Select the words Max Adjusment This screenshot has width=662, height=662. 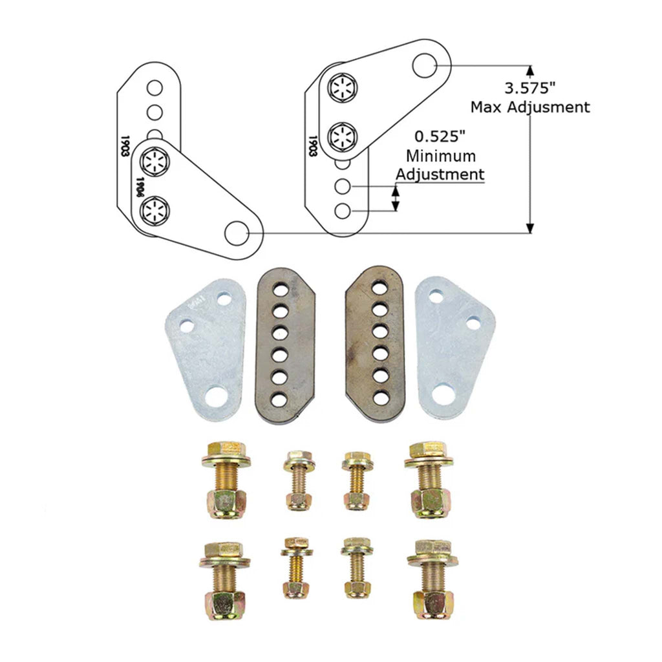pyautogui.click(x=530, y=107)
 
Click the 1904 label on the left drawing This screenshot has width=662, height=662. pyautogui.click(x=138, y=187)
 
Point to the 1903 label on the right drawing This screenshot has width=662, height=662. pyautogui.click(x=312, y=147)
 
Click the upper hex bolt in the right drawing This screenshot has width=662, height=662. pyautogui.click(x=342, y=89)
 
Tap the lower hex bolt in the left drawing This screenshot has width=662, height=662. pyautogui.click(x=155, y=209)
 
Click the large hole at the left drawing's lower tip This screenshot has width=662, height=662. pyautogui.click(x=237, y=232)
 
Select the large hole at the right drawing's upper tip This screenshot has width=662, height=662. pyautogui.click(x=425, y=65)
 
